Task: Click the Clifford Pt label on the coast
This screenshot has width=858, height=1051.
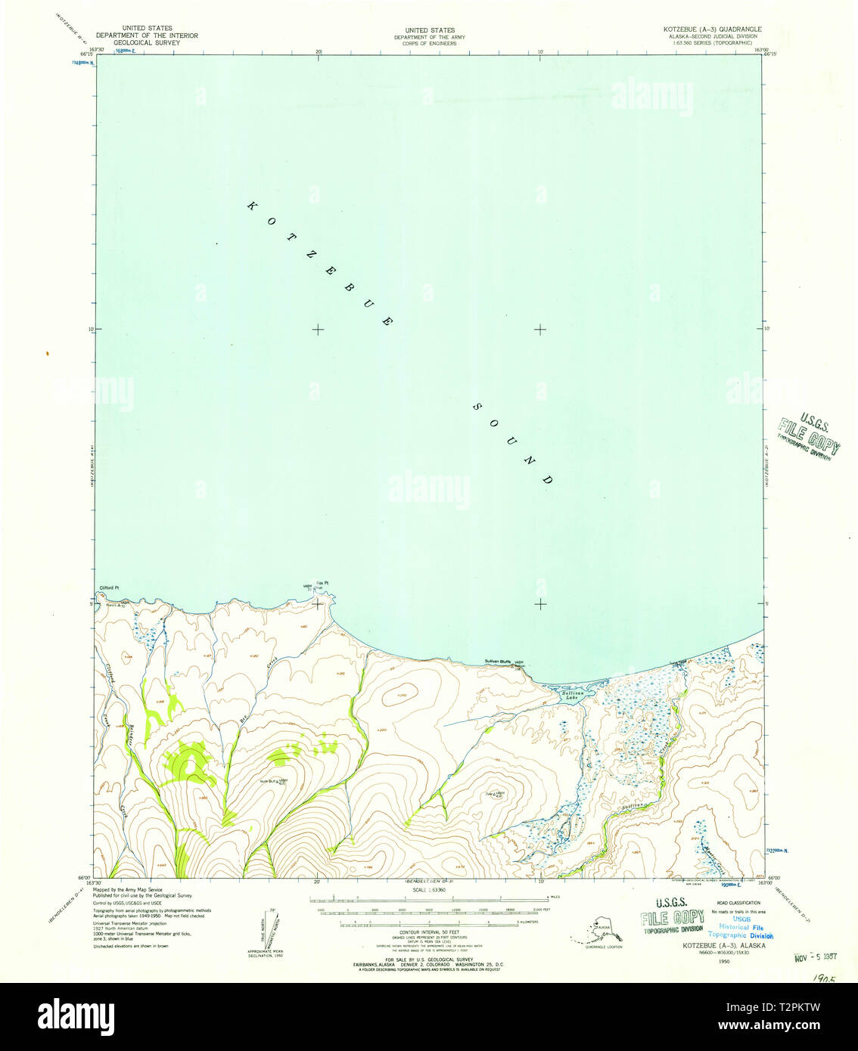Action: pos(110,588)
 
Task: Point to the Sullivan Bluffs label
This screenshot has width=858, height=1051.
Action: pos(498,662)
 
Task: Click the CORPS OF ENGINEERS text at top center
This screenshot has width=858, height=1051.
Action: pos(429,43)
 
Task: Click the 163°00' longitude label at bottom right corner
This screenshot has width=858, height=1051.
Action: pos(766,882)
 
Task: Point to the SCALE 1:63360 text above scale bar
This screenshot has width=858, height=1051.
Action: pos(429,890)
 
